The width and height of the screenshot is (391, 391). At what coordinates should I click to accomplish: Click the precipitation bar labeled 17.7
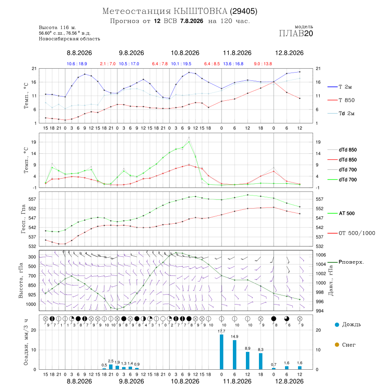[x=222, y=352]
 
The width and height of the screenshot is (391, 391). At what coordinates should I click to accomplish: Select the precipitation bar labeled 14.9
[x=235, y=355]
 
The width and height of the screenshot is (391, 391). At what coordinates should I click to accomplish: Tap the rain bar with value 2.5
[x=111, y=367]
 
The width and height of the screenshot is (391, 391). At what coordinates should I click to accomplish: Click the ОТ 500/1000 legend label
[x=357, y=233]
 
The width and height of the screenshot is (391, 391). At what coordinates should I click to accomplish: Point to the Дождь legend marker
[x=337, y=325]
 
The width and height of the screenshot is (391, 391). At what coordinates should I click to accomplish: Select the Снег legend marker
[x=337, y=345]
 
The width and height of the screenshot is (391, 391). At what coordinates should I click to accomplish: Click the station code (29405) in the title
[x=243, y=11]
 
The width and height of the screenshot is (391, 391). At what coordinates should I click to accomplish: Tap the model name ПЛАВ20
[x=296, y=33]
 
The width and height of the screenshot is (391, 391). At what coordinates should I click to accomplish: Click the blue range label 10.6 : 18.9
[x=77, y=64]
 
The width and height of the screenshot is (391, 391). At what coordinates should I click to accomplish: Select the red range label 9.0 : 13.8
[x=263, y=64]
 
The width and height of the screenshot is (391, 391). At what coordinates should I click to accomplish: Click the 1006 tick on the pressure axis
[x=321, y=255]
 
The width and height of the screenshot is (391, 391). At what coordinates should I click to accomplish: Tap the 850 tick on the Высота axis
[x=32, y=285]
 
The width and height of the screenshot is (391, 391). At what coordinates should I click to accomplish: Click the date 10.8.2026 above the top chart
[x=185, y=53]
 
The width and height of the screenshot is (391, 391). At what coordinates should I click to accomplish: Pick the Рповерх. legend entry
[x=346, y=262]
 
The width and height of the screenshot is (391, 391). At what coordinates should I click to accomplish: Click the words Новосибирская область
[x=70, y=39]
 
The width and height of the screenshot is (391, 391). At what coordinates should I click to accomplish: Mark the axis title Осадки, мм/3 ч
[x=26, y=342]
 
